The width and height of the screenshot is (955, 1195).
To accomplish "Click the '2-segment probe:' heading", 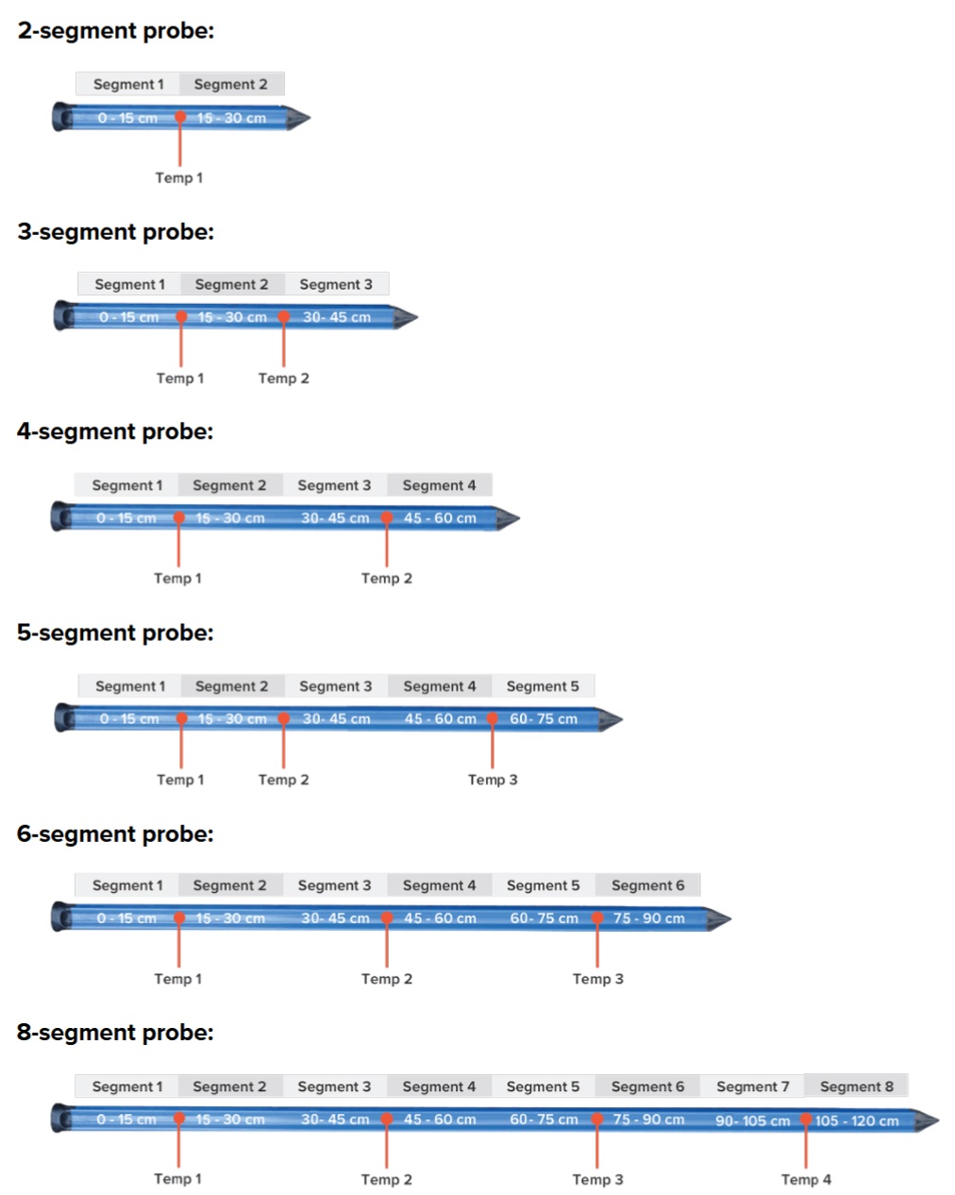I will click(x=115, y=31).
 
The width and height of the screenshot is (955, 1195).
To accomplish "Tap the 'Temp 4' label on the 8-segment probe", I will click(x=806, y=1179).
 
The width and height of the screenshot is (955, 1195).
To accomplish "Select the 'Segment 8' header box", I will click(x=856, y=1086).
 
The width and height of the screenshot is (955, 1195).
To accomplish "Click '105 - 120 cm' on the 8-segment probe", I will click(x=857, y=1121).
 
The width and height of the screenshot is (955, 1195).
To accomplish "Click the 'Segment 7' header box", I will click(x=752, y=1086).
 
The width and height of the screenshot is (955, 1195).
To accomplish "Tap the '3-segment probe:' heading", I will click(x=115, y=232).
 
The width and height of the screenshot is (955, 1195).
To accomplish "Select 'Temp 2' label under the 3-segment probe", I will click(x=283, y=379).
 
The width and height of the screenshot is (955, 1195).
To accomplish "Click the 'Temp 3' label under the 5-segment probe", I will click(x=493, y=780).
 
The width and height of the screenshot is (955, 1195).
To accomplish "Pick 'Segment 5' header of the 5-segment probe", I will click(x=543, y=686).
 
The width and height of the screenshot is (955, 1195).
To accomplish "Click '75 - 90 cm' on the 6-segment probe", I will click(x=649, y=918).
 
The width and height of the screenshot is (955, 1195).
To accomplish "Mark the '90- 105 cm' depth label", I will click(x=752, y=1121).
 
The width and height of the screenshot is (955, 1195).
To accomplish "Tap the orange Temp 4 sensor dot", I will click(x=806, y=1120).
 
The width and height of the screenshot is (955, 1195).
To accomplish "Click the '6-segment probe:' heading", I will click(x=115, y=834).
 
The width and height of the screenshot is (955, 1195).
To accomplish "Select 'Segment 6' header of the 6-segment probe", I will click(x=647, y=885).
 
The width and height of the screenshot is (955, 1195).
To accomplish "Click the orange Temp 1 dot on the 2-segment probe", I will click(x=179, y=118).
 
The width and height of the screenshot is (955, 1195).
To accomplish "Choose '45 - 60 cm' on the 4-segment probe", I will click(x=440, y=518).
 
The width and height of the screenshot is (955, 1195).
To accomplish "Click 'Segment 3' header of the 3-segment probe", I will click(x=336, y=284).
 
